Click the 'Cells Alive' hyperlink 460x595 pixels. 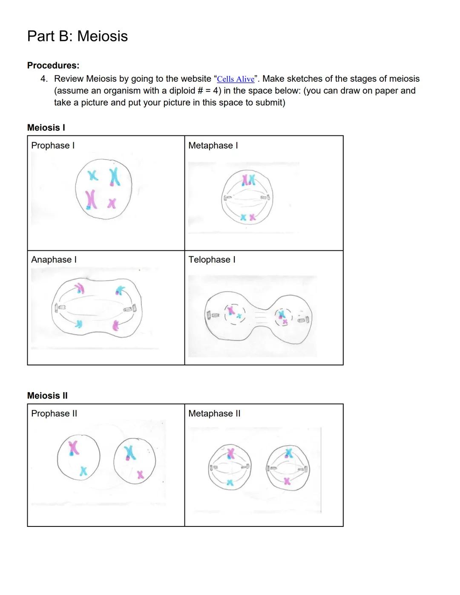point(236,79)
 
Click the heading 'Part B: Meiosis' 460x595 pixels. point(77,36)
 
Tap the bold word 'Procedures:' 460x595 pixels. point(53,66)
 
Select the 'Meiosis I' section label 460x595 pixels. point(46,128)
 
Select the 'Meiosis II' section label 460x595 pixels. point(47,396)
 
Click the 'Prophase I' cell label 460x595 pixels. point(53,146)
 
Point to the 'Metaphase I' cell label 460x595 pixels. point(213,146)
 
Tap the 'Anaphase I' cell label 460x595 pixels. point(54,260)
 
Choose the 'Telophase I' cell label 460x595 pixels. point(212,260)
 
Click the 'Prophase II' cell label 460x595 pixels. point(54,414)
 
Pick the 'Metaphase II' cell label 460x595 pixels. point(214,414)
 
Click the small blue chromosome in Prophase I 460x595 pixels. point(92,175)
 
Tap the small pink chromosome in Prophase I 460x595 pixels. point(112,203)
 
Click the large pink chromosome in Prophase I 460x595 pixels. point(90,199)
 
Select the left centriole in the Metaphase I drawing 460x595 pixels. point(227,198)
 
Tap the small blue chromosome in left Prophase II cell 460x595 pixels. point(83,471)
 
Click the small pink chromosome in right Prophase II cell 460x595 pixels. point(141,474)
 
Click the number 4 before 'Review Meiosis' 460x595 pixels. point(43,79)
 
